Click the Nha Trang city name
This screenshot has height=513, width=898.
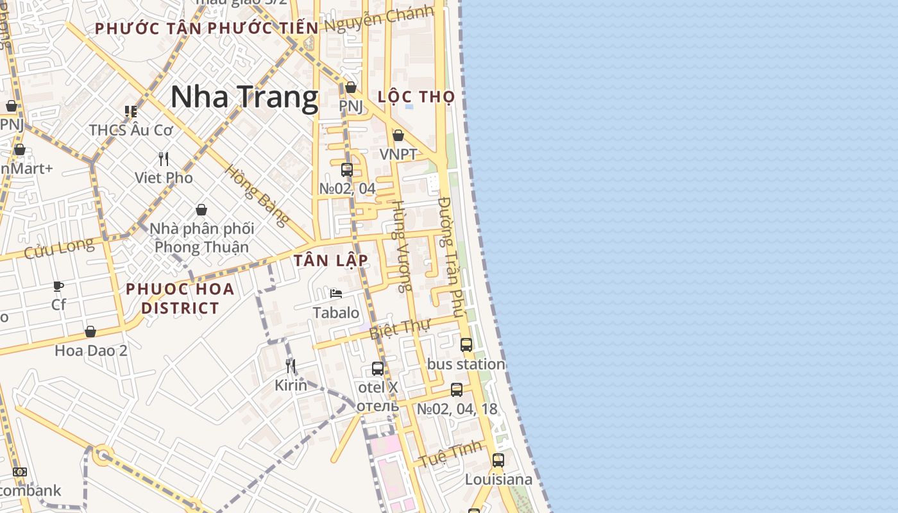(244, 97)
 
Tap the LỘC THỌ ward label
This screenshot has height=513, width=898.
(416, 97)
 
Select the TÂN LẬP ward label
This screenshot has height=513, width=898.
(331, 260)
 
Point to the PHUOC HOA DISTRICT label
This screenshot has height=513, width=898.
(180, 298)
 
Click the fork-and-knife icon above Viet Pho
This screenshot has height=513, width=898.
(164, 158)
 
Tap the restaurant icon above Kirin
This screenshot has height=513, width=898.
(291, 366)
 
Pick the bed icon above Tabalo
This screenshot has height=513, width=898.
(335, 294)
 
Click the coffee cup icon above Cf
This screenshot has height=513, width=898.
(58, 286)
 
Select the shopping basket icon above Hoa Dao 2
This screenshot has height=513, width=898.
(90, 332)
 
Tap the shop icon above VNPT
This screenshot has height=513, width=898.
(398, 135)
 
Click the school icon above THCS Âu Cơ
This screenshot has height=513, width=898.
(131, 112)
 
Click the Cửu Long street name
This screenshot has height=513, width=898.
(58, 248)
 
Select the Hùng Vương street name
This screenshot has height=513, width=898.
(401, 246)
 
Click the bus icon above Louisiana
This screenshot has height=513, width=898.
(498, 460)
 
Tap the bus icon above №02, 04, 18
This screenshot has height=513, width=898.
(457, 389)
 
